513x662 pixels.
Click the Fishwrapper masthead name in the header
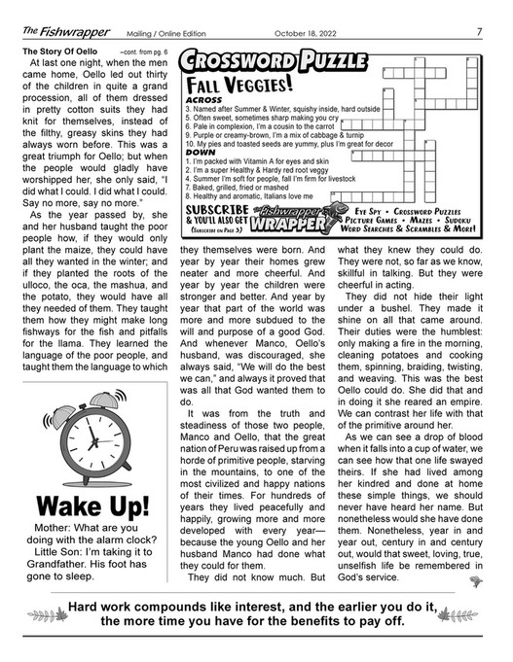tap(53, 30)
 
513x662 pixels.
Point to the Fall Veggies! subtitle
tap(239, 86)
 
